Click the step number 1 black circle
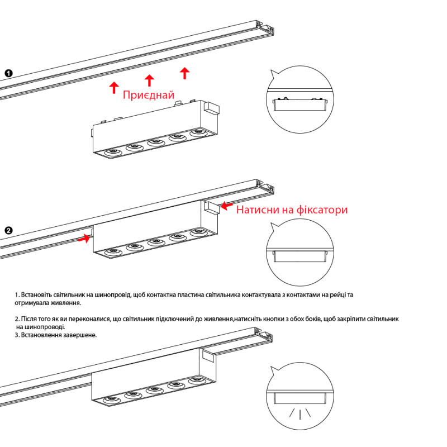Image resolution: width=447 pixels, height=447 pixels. tap(8, 73)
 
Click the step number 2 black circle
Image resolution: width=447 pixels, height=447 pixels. tap(8, 230)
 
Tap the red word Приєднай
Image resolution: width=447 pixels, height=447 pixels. tap(148, 96)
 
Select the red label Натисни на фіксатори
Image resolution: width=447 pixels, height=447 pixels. tap(292, 210)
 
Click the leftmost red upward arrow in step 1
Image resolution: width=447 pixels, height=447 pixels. tap(114, 87)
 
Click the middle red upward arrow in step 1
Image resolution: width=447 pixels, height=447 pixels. tap(149, 80)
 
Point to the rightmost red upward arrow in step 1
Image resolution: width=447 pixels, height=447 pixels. tap(185, 72)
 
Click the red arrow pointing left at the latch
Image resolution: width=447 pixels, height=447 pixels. tap(227, 206)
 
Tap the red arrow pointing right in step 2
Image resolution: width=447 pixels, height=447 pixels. tap(84, 239)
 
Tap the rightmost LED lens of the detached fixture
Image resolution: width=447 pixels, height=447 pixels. tap(197, 133)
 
